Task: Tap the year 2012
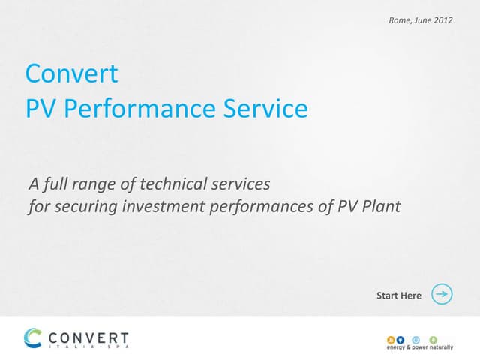[x=442, y=19]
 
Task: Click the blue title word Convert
[x=71, y=73]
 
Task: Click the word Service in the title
[x=265, y=109]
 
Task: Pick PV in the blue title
[x=42, y=109]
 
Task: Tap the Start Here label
[x=399, y=295]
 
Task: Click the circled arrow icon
[x=442, y=295]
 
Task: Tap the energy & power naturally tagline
[x=419, y=347]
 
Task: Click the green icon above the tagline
[x=432, y=338]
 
